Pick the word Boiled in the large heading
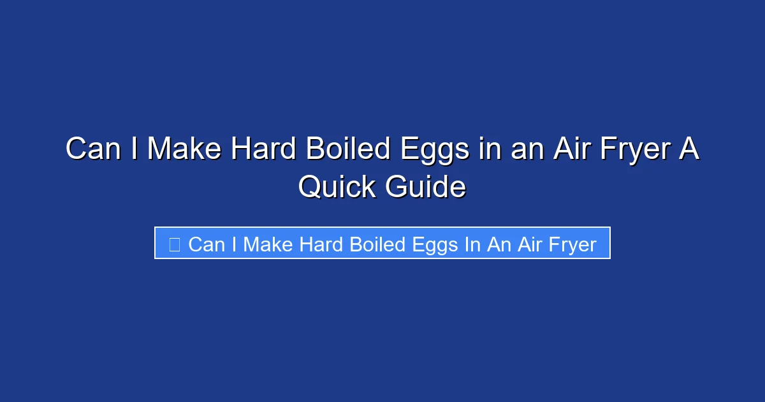click(346, 149)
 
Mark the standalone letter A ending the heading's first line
click(690, 149)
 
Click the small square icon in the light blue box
click(174, 244)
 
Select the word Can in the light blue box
click(207, 244)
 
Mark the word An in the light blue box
click(498, 244)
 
